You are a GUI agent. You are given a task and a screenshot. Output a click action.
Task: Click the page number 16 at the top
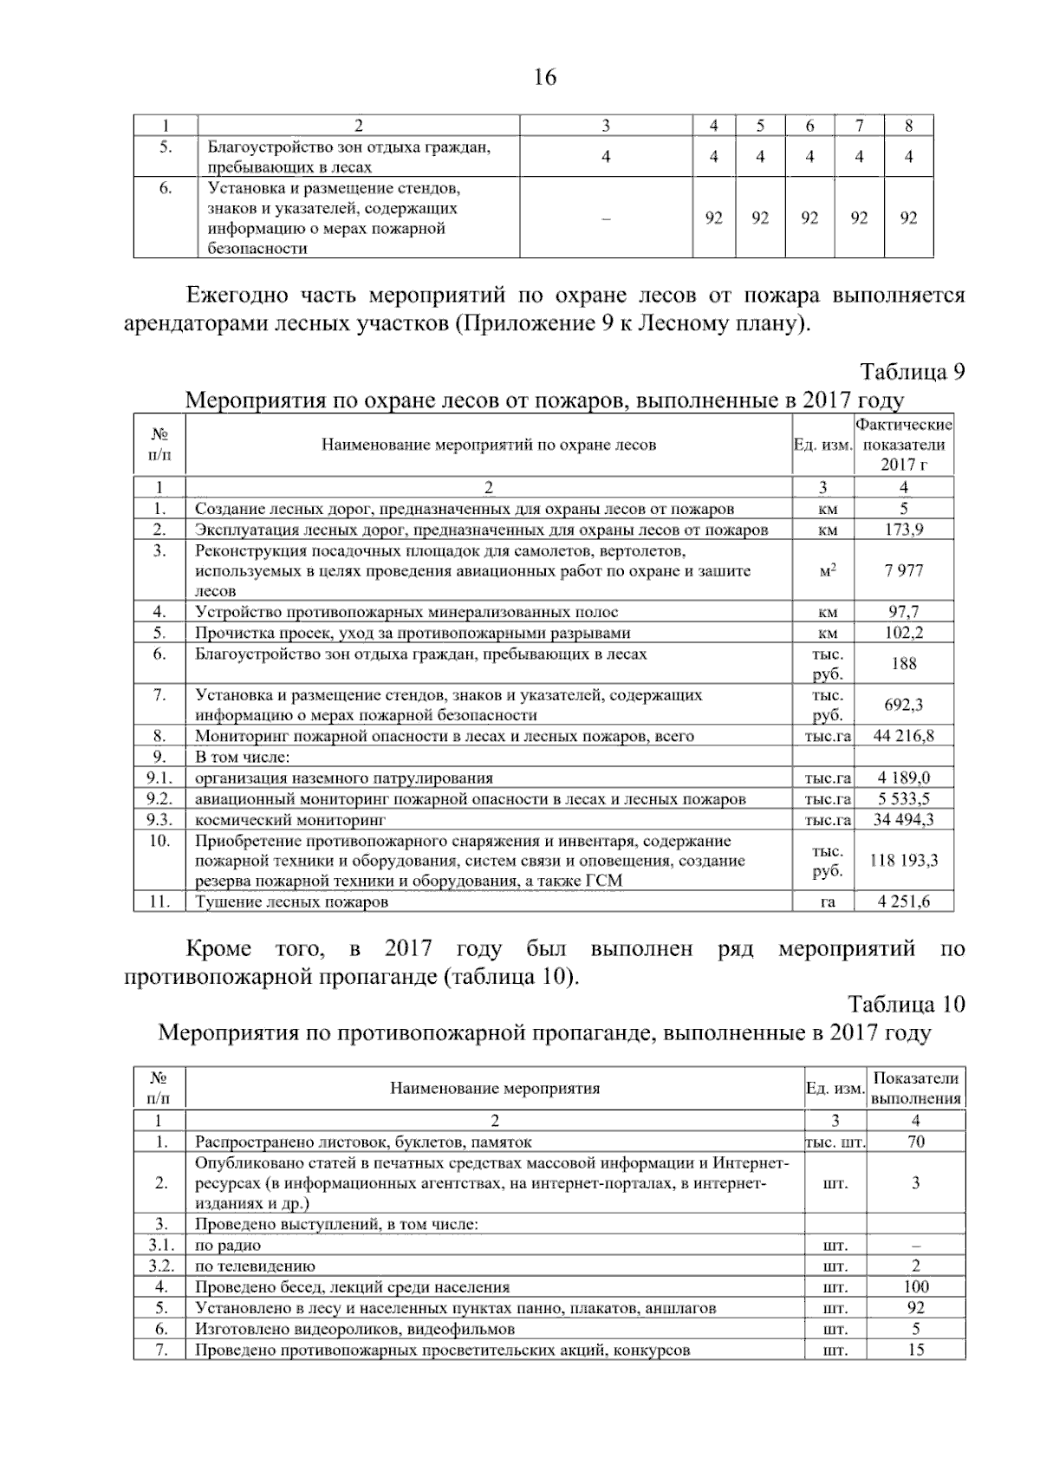(x=544, y=78)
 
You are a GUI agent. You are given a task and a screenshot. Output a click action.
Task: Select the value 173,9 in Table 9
(x=903, y=530)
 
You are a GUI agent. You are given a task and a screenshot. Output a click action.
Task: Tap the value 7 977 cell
(x=903, y=570)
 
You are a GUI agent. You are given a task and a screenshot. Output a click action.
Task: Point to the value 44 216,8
(x=903, y=736)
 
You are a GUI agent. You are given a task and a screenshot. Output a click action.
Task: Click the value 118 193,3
(x=903, y=861)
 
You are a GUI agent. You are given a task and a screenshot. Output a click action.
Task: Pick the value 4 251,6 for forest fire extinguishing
(x=903, y=901)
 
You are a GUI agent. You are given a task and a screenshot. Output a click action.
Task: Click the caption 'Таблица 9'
(x=912, y=372)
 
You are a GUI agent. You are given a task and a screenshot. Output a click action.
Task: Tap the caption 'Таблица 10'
(x=906, y=1005)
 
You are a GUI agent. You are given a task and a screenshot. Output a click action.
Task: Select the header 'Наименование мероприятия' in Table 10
(x=495, y=1089)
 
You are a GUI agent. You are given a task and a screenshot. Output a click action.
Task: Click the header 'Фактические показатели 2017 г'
(x=903, y=445)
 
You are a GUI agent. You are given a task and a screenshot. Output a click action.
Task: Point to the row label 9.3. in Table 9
(x=159, y=819)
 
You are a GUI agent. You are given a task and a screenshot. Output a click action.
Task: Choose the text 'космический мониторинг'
(x=290, y=819)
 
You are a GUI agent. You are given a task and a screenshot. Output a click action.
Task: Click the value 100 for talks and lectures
(x=915, y=1287)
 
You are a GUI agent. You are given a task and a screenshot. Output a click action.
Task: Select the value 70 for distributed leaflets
(x=915, y=1142)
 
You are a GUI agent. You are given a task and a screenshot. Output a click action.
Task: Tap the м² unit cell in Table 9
(x=828, y=570)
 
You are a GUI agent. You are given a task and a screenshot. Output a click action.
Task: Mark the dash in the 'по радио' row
(x=915, y=1246)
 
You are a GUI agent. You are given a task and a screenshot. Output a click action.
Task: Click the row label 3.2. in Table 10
(x=160, y=1266)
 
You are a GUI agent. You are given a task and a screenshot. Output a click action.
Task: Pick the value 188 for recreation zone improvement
(x=903, y=664)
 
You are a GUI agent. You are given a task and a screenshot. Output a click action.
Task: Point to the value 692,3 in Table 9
(x=903, y=705)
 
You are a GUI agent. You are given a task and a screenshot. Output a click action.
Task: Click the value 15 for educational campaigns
(x=915, y=1350)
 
